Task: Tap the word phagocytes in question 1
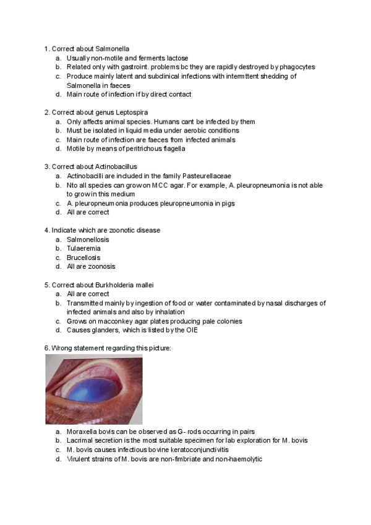coord(294,67)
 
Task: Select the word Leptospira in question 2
coord(128,113)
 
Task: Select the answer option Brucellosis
coord(83,258)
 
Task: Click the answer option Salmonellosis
coord(88,239)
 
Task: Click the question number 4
coord(46,230)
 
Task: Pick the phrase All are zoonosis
coord(91,266)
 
